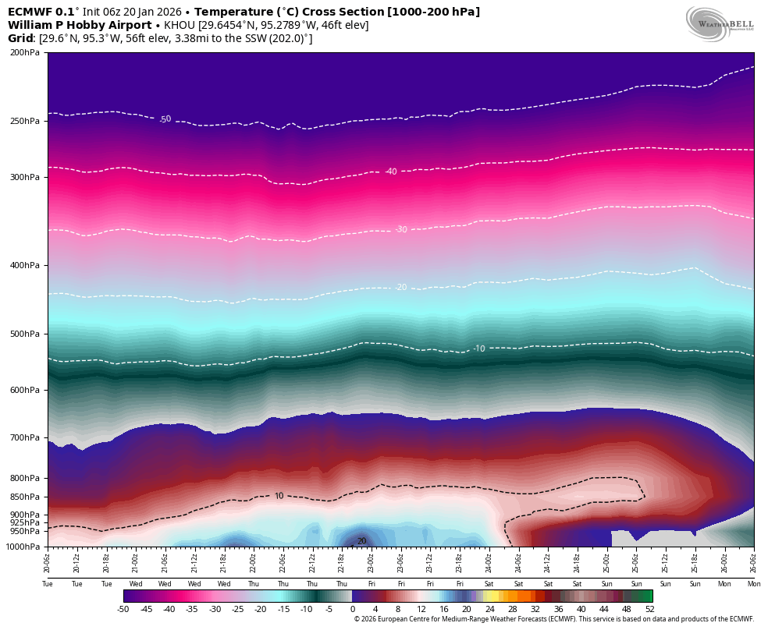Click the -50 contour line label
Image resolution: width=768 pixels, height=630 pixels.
[x=165, y=119]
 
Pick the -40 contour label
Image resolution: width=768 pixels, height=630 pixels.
[x=391, y=172]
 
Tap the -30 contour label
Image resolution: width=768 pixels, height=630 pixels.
[x=401, y=229]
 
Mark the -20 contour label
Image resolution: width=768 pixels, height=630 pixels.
[x=401, y=287]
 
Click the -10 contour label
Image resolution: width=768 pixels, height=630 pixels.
[x=479, y=348]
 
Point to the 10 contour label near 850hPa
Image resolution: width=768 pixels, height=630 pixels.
[x=279, y=496]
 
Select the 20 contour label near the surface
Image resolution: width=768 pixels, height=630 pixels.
[x=361, y=540]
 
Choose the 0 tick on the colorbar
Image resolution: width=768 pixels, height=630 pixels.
[x=352, y=609]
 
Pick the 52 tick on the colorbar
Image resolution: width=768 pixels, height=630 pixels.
[x=649, y=609]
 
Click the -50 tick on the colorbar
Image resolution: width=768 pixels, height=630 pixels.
[x=123, y=609]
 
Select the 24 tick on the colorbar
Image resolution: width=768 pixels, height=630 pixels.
[x=489, y=609]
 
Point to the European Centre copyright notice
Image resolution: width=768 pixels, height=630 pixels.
[x=553, y=619]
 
